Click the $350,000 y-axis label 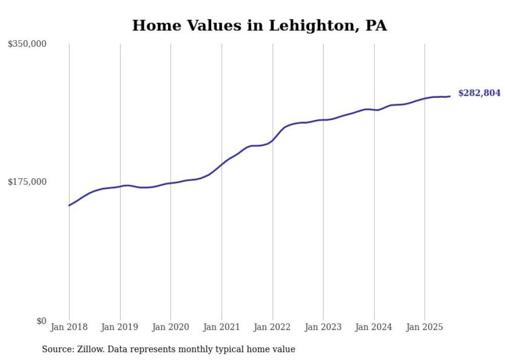pyautogui.click(x=27, y=44)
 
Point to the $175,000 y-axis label pyautogui.click(x=27, y=182)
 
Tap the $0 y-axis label pyautogui.click(x=41, y=321)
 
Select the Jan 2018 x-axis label pyautogui.click(x=69, y=327)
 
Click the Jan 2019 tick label pyautogui.click(x=120, y=327)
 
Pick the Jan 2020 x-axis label pyautogui.click(x=171, y=327)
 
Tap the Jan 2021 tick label pyautogui.click(x=222, y=327)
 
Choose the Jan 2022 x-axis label pyautogui.click(x=273, y=327)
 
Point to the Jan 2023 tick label pyautogui.click(x=323, y=327)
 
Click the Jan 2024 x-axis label pyautogui.click(x=374, y=327)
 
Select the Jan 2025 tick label pyautogui.click(x=425, y=327)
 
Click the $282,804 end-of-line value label pyautogui.click(x=479, y=93)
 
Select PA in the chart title pyautogui.click(x=376, y=26)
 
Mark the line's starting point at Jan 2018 pyautogui.click(x=69, y=205)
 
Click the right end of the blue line pyautogui.click(x=450, y=96)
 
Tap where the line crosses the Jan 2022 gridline pyautogui.click(x=273, y=140)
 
